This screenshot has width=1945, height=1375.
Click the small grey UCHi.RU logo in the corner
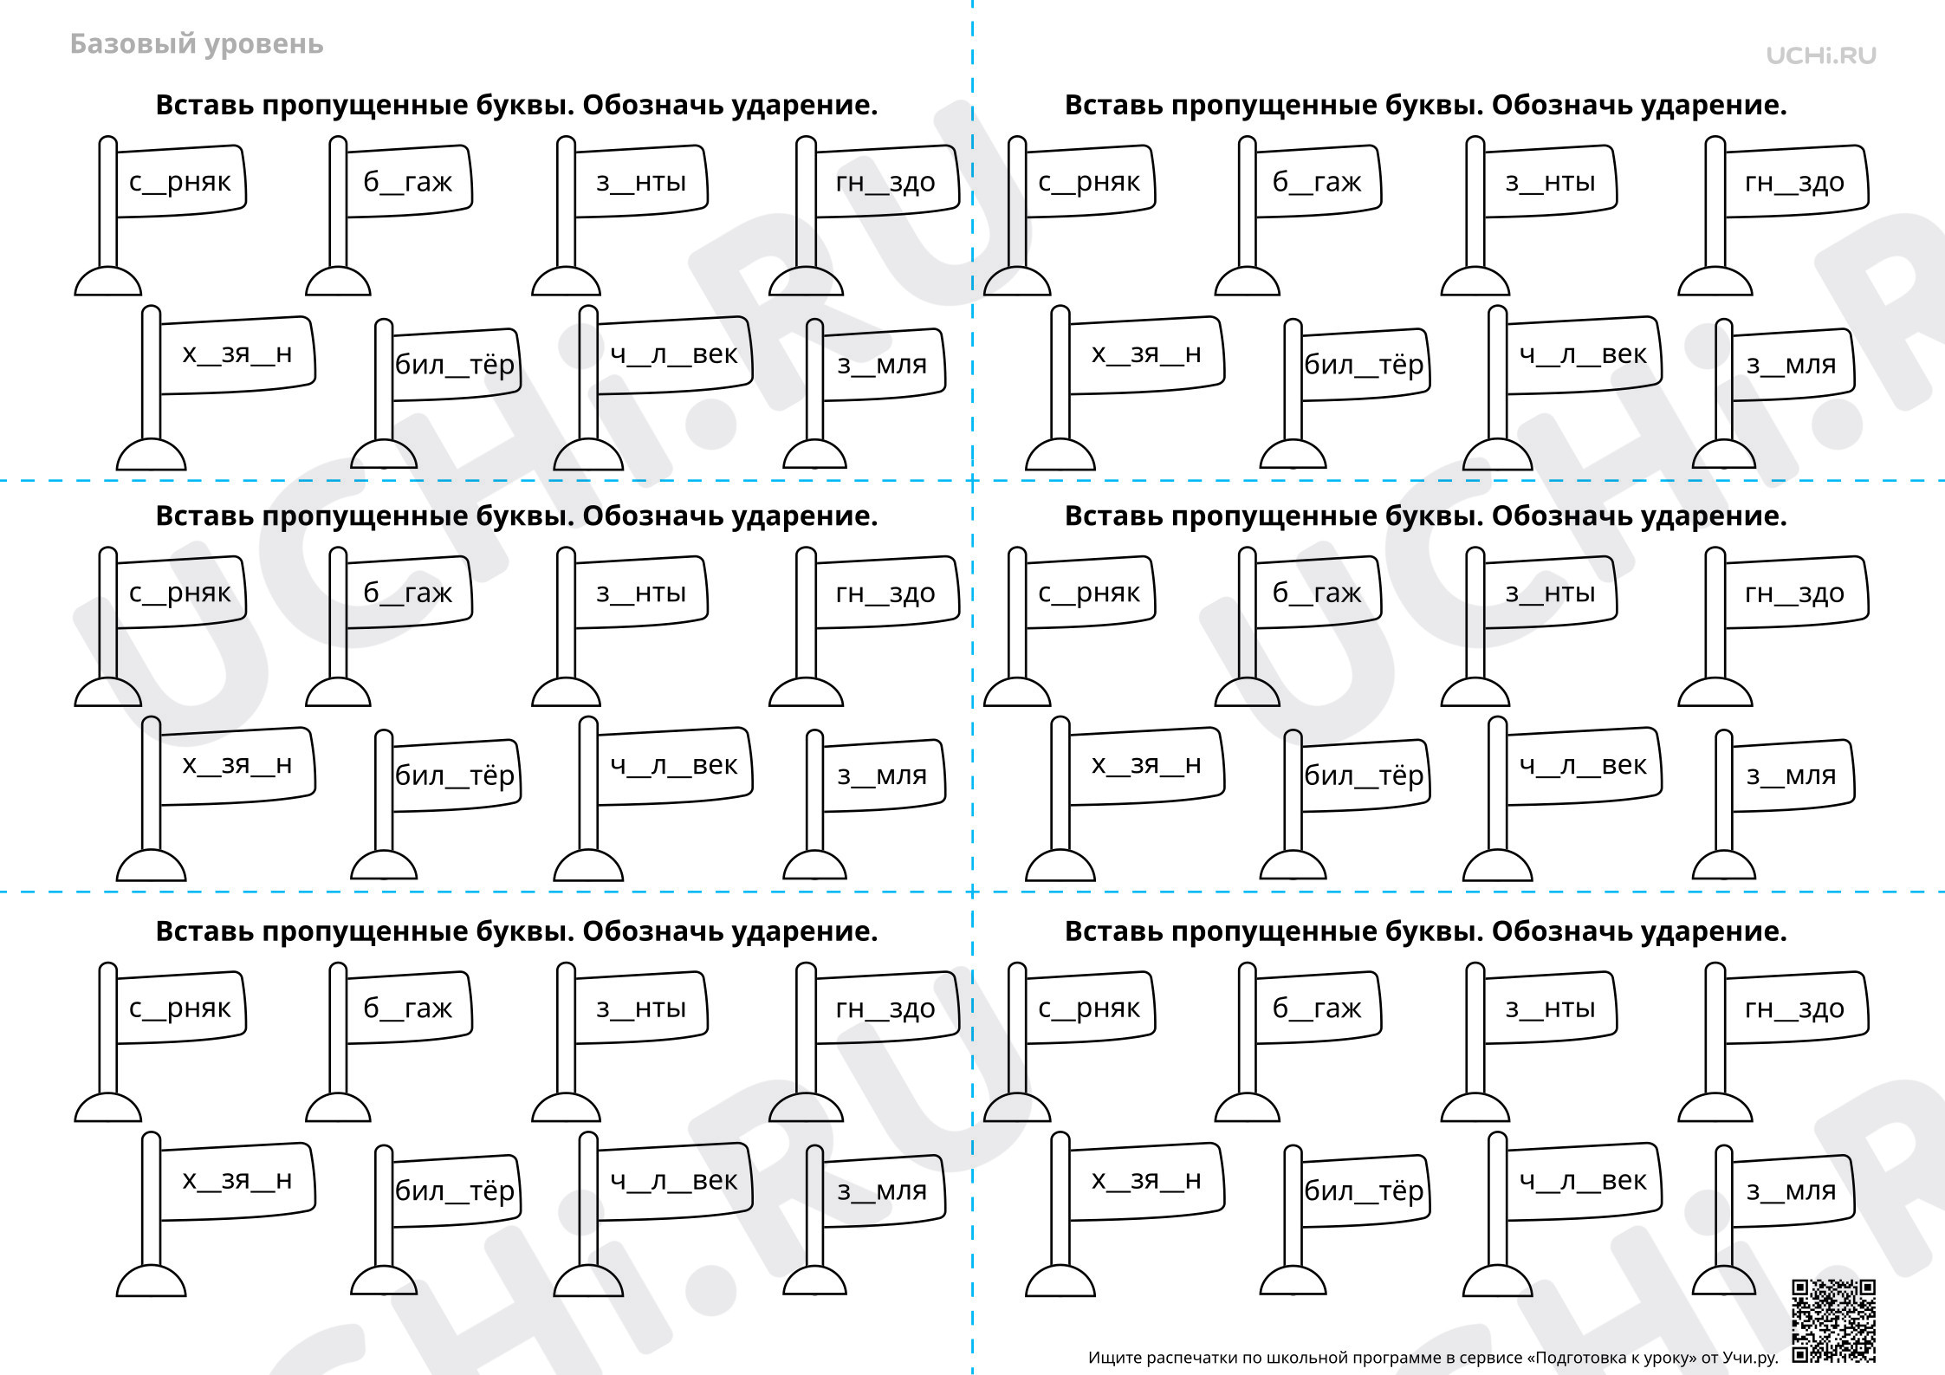1821,55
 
